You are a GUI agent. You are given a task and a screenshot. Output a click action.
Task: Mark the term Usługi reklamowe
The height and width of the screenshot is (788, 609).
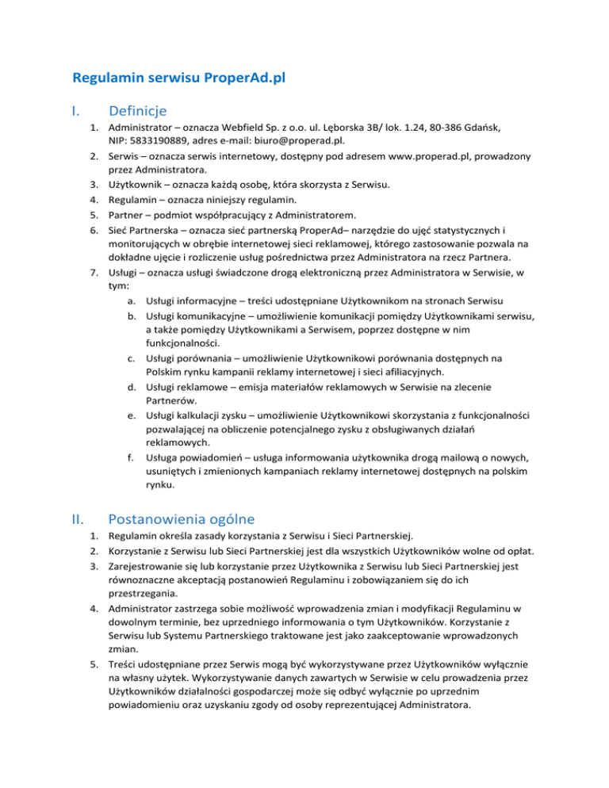click(x=186, y=388)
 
